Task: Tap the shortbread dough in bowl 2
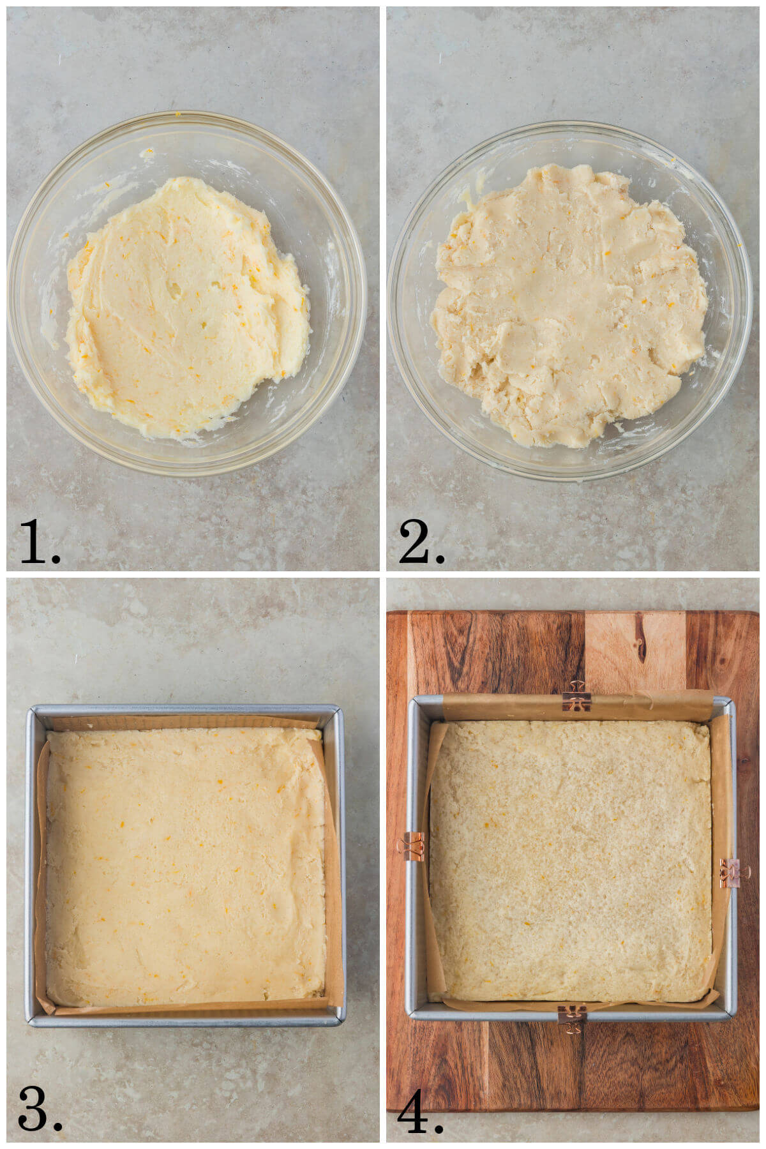tap(568, 306)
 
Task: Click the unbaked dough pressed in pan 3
tap(185, 868)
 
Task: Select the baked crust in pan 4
tap(571, 862)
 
